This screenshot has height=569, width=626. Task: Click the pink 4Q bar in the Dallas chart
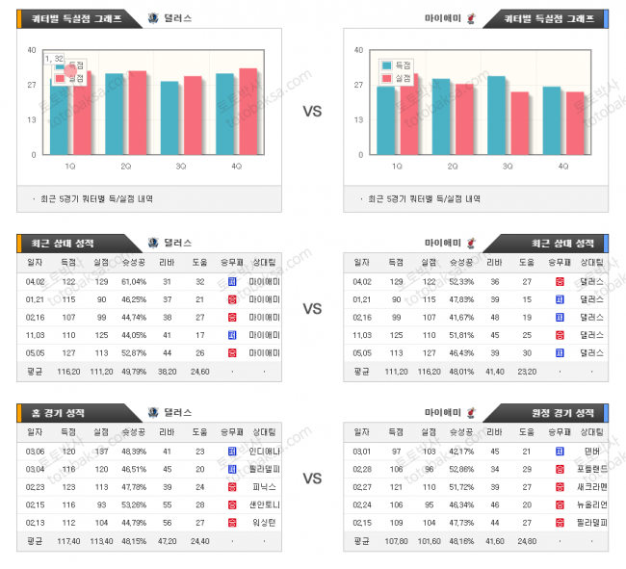coord(248,111)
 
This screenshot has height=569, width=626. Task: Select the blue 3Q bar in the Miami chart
coord(497,115)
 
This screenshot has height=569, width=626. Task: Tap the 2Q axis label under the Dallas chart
coord(126,167)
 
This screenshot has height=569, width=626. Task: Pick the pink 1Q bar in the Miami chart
coord(409,114)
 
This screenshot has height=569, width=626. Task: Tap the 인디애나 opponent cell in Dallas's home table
coord(263,452)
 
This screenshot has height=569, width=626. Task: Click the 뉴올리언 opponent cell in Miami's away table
coord(590,504)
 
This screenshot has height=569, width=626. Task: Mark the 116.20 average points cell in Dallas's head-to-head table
coord(68,370)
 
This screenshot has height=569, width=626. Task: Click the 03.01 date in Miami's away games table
coord(362,452)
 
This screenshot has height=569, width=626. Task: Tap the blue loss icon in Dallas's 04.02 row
coord(231,281)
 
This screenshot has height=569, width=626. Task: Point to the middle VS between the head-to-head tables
coord(312,309)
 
